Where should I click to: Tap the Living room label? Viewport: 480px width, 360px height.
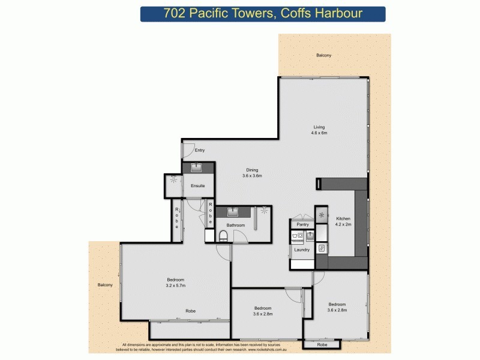coord(319,130)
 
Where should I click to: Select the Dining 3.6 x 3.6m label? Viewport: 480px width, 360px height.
coord(252,173)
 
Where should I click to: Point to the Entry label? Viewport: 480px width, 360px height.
coord(200,151)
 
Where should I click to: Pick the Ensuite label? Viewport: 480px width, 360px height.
coord(197,186)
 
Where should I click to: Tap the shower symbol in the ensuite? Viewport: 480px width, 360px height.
coord(174,179)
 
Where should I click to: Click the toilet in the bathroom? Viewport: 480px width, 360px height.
coord(223,235)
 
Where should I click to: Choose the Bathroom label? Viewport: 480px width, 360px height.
coord(236,226)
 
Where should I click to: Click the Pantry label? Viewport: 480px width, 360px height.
coord(303,225)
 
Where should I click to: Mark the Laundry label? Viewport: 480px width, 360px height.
coord(302,249)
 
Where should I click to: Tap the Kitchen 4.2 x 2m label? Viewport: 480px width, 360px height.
coord(343,221)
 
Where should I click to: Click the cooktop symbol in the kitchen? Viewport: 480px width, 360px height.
coord(322,215)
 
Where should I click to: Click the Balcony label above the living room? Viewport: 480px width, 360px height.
coord(324,56)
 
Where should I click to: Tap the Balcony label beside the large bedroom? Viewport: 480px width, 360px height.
coord(105,285)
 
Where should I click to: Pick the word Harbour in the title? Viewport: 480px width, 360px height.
coord(339,14)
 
